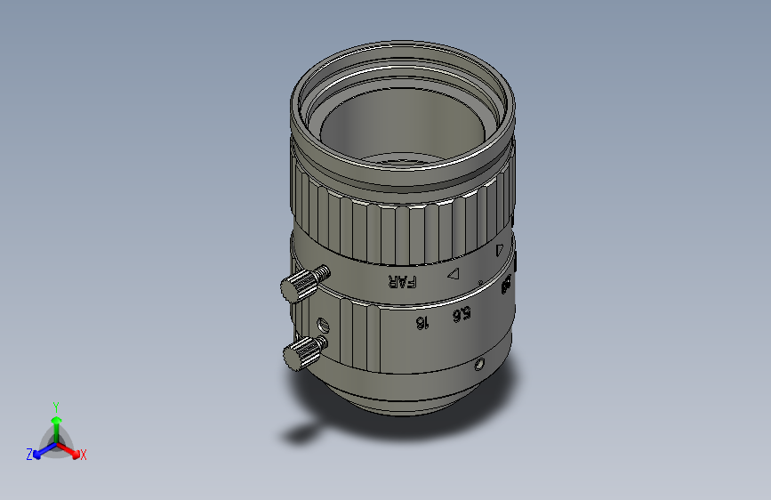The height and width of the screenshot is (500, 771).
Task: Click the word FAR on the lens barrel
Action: tap(402, 282)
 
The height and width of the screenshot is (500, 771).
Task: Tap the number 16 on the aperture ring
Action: tap(422, 321)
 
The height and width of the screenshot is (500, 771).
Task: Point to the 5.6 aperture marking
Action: tap(461, 313)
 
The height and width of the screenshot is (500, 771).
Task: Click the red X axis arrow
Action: tap(73, 449)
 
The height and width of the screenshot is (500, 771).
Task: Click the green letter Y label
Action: tap(55, 405)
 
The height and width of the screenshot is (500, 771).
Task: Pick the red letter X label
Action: tap(84, 455)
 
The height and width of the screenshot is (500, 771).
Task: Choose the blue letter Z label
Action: tap(29, 454)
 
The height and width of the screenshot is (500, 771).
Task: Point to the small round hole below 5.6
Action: tap(479, 365)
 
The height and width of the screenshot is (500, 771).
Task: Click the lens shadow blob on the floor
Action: tap(298, 434)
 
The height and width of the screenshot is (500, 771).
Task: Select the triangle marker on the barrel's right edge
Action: tap(499, 251)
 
